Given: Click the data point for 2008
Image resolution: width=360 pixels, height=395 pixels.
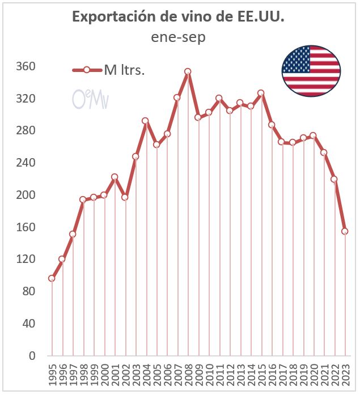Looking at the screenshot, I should point(188,71).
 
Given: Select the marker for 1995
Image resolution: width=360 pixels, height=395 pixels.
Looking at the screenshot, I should point(52,278).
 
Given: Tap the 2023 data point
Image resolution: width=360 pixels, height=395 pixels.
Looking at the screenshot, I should point(345,231).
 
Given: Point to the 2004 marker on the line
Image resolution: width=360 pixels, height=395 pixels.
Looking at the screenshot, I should point(146,121).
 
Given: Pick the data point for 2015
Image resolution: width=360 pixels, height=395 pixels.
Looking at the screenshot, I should point(261,93).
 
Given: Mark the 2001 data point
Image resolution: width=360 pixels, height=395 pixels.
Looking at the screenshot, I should point(115,177).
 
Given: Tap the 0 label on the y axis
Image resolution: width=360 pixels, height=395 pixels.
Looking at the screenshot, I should point(32,356).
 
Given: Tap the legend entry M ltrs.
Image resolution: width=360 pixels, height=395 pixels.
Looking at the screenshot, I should point(124,70).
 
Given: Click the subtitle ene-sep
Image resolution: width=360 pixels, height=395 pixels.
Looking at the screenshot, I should point(178,38).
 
